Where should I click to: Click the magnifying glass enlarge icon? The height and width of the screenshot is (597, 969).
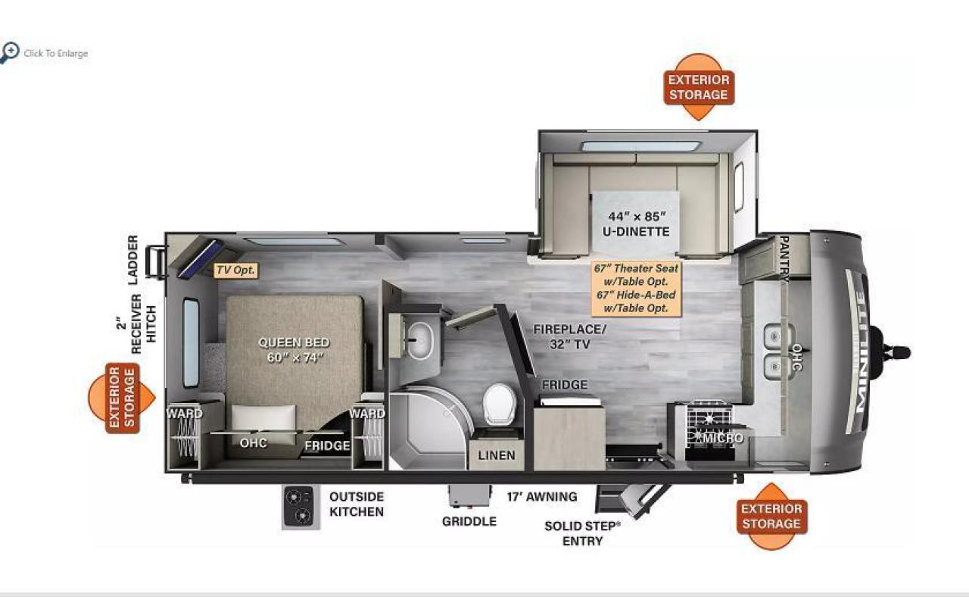[10, 53]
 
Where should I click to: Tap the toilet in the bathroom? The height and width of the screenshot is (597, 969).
[500, 404]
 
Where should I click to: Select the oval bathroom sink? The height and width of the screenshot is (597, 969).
[419, 341]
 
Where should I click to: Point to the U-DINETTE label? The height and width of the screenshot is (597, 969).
[636, 231]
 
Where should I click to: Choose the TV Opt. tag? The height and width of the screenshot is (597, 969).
[235, 270]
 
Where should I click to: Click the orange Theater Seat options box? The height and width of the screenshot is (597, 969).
[636, 289]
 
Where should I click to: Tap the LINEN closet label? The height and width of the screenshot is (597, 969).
[497, 455]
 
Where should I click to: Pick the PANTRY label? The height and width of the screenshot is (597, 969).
[784, 258]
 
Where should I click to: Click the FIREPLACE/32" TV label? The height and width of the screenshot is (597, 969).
[570, 336]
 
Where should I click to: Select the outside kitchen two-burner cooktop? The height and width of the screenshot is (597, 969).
[298, 506]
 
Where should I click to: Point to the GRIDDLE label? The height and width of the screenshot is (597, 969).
[469, 521]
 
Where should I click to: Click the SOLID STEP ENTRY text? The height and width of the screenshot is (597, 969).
[582, 533]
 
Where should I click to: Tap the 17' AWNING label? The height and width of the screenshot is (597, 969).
[542, 496]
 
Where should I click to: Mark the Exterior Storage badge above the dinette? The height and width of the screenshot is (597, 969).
[699, 87]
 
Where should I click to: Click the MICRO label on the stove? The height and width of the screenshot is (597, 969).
[723, 438]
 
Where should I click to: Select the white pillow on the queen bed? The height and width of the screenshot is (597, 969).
[263, 417]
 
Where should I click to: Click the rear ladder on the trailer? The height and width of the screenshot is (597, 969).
[157, 261]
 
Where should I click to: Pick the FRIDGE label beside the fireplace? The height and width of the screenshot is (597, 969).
[565, 384]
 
